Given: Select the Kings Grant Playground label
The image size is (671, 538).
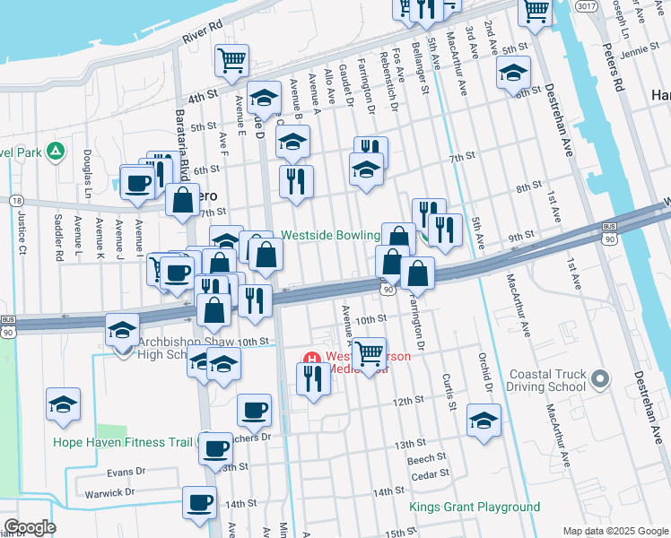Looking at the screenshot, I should point(475,508).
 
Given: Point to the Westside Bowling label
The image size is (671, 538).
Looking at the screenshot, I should point(330,235).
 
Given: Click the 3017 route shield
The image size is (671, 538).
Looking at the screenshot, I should point(587,5).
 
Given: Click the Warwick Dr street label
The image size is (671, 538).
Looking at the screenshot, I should point(109,493).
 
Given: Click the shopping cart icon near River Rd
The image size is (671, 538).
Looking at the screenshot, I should point(231,60).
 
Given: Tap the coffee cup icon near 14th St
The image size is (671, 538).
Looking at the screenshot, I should point(199,502).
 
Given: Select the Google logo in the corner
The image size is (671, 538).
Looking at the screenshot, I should point(30,527).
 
